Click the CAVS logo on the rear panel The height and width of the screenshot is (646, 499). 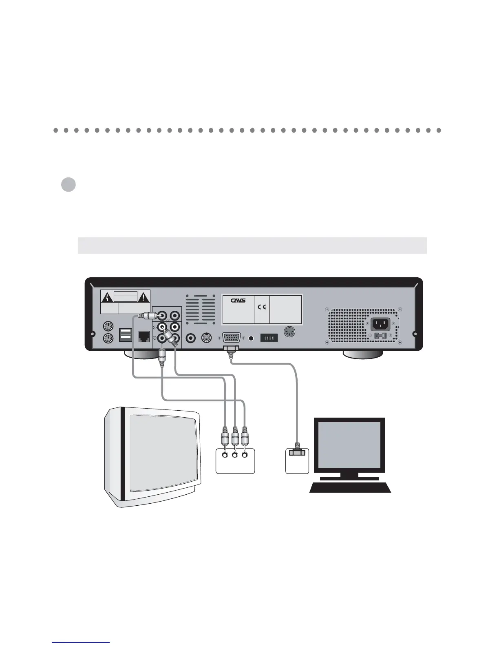(x=237, y=301)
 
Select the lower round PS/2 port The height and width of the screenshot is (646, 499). (x=108, y=338)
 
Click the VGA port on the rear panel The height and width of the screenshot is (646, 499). (x=231, y=338)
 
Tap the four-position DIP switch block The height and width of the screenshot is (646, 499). (x=269, y=338)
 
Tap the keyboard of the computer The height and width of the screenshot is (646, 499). (x=351, y=487)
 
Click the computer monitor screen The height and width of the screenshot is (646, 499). (x=349, y=446)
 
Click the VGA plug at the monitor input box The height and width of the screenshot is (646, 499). (x=297, y=451)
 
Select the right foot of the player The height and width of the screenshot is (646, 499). (x=363, y=354)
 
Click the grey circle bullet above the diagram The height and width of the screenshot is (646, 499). (x=68, y=185)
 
